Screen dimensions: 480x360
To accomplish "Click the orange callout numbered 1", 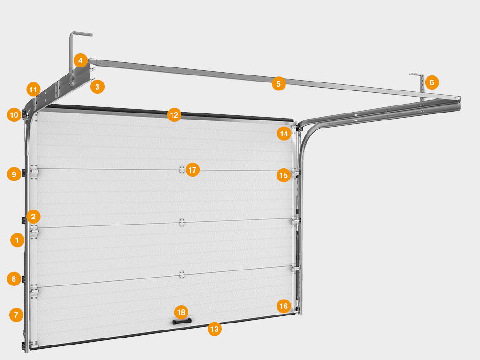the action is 17,240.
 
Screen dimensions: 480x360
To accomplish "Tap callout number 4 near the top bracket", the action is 81,60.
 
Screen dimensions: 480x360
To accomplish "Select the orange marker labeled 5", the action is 278,83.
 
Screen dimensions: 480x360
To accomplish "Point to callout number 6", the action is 432,82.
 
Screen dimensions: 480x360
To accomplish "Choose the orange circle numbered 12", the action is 174,115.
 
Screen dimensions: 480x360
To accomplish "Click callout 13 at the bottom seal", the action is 215,329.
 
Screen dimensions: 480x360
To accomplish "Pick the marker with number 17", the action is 193,170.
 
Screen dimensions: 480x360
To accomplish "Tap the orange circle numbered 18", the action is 181,312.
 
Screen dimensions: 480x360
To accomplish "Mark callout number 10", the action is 14,115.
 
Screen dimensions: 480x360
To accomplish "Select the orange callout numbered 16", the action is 284,306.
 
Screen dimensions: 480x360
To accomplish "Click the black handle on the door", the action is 182,322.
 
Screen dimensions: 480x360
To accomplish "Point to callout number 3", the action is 97,87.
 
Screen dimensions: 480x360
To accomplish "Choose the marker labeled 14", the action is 284,134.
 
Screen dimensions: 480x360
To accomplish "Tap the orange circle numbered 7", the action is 16,315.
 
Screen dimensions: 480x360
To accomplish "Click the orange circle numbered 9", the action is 14,174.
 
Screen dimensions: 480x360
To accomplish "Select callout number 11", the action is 33,90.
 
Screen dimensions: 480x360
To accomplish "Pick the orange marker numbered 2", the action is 33,217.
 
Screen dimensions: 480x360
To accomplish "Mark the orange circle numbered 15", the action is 284,175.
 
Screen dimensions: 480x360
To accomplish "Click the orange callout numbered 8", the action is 14,278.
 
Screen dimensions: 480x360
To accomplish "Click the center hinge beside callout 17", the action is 182,170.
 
